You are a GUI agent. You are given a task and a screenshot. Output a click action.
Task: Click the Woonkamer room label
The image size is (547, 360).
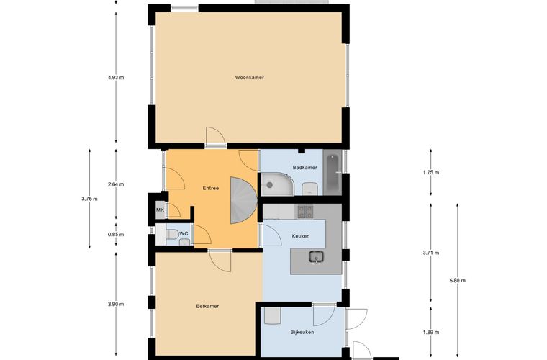[x=250, y=78]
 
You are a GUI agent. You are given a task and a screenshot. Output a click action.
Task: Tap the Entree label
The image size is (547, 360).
[x=211, y=189]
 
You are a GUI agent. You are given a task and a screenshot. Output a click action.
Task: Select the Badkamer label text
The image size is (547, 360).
[x=305, y=168]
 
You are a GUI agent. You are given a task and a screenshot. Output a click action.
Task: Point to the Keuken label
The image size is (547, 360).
[x=301, y=236]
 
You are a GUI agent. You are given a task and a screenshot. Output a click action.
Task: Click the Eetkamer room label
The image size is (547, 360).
[x=207, y=306]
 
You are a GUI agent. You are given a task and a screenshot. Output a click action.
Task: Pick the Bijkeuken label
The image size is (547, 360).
[x=302, y=333]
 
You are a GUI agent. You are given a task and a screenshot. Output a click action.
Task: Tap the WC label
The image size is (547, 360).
[x=184, y=233]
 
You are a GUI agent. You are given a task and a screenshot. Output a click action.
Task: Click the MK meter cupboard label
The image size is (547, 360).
[x=160, y=210]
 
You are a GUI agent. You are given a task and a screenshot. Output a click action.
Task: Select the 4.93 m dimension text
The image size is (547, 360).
[x=116, y=78]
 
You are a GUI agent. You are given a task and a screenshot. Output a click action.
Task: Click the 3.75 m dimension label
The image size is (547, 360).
[x=90, y=199]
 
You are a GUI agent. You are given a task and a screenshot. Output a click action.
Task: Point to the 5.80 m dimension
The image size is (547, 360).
[x=458, y=281]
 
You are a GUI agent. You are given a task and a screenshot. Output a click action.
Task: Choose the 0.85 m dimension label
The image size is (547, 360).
[x=116, y=235]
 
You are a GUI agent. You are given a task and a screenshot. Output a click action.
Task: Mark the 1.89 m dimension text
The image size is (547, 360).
[x=431, y=333]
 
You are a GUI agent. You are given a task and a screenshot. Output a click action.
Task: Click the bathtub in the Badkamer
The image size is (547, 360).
[x=332, y=173]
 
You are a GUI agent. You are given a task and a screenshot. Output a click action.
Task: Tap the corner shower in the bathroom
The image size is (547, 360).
[x=277, y=184]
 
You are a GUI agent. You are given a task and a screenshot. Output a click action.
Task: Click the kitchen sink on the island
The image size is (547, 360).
[x=316, y=257]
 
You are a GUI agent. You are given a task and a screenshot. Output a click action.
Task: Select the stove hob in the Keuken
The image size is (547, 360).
[x=305, y=212]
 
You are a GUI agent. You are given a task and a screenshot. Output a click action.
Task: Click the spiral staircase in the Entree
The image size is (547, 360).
[x=243, y=200]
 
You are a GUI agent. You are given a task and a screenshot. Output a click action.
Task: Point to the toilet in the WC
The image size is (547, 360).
[x=172, y=234]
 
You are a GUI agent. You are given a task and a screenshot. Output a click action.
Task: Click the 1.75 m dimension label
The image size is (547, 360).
[x=431, y=172]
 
